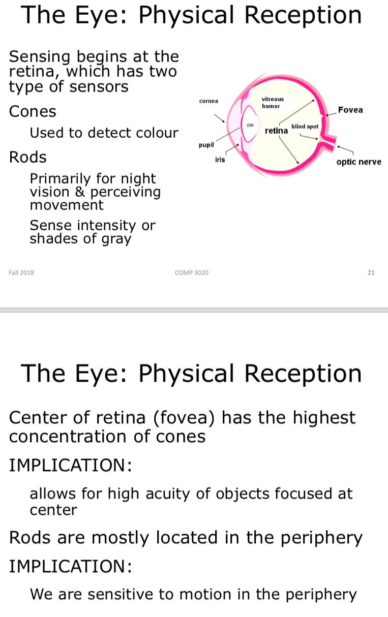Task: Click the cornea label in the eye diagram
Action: tap(208, 101)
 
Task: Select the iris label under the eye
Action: tap(220, 160)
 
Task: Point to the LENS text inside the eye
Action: tap(250, 125)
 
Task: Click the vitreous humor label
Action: tap(273, 102)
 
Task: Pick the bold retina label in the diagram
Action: tap(276, 131)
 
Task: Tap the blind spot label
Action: tap(305, 126)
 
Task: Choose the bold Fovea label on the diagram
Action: tap(350, 110)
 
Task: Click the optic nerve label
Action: tap(359, 162)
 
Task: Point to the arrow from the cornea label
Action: tap(219, 117)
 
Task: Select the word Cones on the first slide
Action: tap(33, 111)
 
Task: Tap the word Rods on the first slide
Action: tap(27, 157)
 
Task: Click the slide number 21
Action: tap(371, 273)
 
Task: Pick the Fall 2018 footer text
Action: tap(21, 273)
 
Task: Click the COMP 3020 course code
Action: tap(191, 273)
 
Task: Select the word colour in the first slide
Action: tap(156, 133)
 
